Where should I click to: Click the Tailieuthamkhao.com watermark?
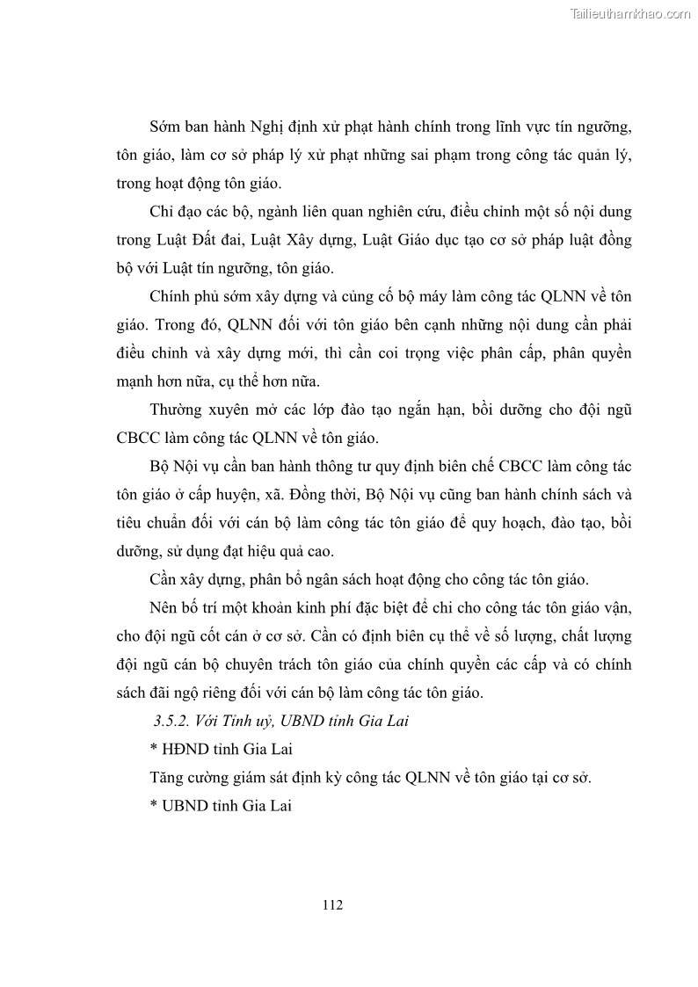[x=630, y=13]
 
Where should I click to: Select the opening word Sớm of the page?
[x=166, y=128]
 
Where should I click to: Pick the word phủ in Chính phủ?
[x=216, y=297]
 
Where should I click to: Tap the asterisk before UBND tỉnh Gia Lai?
[x=154, y=805]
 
